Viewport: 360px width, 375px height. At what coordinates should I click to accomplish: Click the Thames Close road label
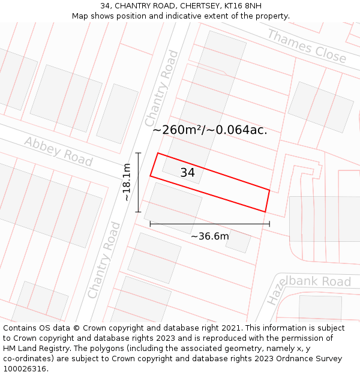tap(307, 46)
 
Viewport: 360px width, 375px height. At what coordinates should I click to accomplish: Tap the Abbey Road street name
tap(58, 151)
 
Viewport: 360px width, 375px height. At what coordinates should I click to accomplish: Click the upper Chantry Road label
tap(161, 88)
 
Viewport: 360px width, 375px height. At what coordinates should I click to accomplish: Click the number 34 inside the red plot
tap(187, 173)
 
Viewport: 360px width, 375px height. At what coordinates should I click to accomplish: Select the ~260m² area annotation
tap(209, 130)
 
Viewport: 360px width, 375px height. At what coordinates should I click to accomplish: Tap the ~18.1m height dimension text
tap(127, 182)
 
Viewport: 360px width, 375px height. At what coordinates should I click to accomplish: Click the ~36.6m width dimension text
tap(209, 236)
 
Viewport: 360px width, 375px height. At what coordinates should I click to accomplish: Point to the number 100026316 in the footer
tap(25, 369)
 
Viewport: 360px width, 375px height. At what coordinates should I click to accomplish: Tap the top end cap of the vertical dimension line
tap(139, 154)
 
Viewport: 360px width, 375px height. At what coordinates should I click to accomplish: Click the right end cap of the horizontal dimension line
tap(269, 224)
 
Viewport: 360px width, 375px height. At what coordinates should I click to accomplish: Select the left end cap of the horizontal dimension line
tap(150, 224)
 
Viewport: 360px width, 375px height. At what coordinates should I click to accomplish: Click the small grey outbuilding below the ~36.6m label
tap(238, 241)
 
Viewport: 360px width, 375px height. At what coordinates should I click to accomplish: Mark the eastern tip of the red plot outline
tap(269, 191)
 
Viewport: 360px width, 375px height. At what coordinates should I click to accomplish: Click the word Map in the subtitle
tap(81, 16)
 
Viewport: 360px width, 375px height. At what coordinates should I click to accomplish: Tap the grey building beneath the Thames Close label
tap(320, 107)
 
